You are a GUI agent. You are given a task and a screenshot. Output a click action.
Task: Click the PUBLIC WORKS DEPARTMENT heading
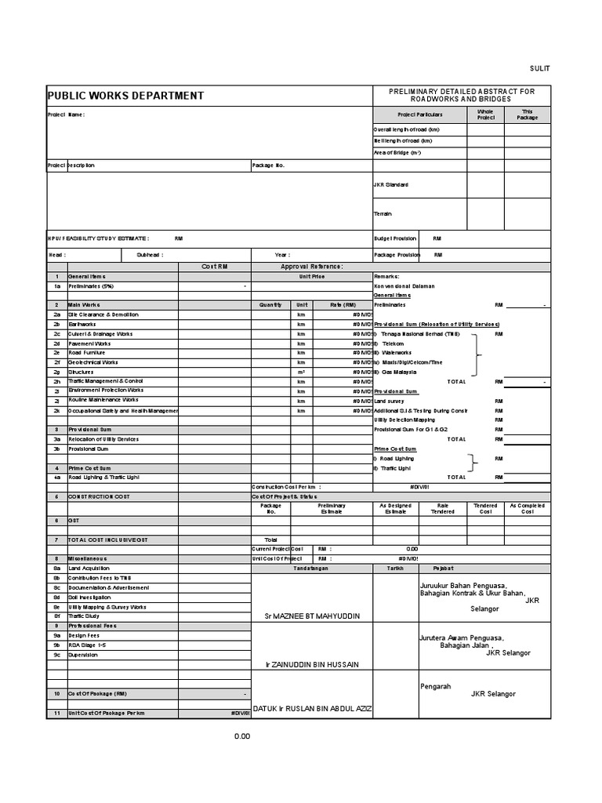click(126, 96)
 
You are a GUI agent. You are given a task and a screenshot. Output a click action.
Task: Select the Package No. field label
click(269, 165)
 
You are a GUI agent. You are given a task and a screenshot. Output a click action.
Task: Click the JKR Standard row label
click(391, 185)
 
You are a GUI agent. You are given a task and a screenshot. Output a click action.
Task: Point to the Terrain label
click(383, 213)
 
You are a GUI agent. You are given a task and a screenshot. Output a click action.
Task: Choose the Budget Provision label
click(396, 238)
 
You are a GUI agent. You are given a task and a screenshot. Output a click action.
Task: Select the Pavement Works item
click(89, 343)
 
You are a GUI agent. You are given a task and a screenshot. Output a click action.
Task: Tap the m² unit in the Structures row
click(301, 372)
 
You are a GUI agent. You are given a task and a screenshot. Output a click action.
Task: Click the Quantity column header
click(270, 305)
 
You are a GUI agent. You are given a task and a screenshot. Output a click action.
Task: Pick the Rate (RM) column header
click(343, 305)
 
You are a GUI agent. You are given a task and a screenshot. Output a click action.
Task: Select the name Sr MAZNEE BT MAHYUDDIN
click(312, 616)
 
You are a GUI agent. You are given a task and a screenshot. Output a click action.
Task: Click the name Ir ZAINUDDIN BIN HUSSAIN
click(312, 664)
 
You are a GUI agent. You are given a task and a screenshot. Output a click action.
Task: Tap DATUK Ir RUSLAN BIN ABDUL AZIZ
click(312, 709)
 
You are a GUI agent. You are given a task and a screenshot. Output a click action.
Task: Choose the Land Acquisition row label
click(89, 568)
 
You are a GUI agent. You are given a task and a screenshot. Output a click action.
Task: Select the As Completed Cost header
click(528, 509)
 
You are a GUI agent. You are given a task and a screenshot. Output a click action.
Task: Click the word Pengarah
click(436, 686)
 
